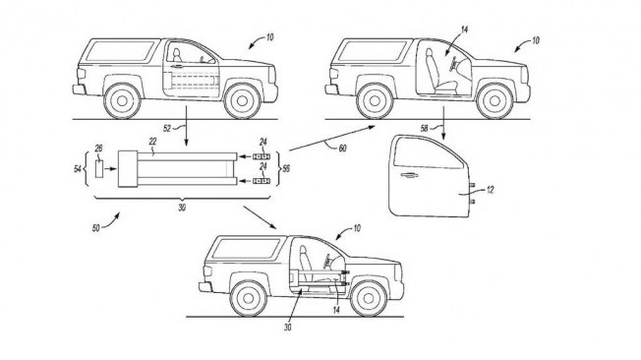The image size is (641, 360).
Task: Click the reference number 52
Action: (167, 129)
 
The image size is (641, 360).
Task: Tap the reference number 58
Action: (425, 129)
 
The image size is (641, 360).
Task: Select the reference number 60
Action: (342, 149)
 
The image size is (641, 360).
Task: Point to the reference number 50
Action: (95, 228)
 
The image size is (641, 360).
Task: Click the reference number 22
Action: (152, 142)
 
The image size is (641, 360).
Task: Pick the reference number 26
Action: (98, 149)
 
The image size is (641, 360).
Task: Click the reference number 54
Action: (78, 168)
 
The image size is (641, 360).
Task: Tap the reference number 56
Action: (286, 168)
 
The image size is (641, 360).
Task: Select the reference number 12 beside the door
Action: (491, 190)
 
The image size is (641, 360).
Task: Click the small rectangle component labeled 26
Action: (99, 169)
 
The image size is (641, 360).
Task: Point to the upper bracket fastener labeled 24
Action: (262, 156)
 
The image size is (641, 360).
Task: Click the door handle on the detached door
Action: (409, 175)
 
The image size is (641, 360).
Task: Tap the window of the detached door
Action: (428, 153)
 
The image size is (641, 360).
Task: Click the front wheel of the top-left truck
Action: (242, 100)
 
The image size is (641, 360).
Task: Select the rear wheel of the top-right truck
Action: (375, 101)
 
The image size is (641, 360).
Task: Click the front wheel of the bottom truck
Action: (369, 298)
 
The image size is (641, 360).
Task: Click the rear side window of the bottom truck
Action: (246, 248)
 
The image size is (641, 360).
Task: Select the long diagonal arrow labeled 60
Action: (332, 139)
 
